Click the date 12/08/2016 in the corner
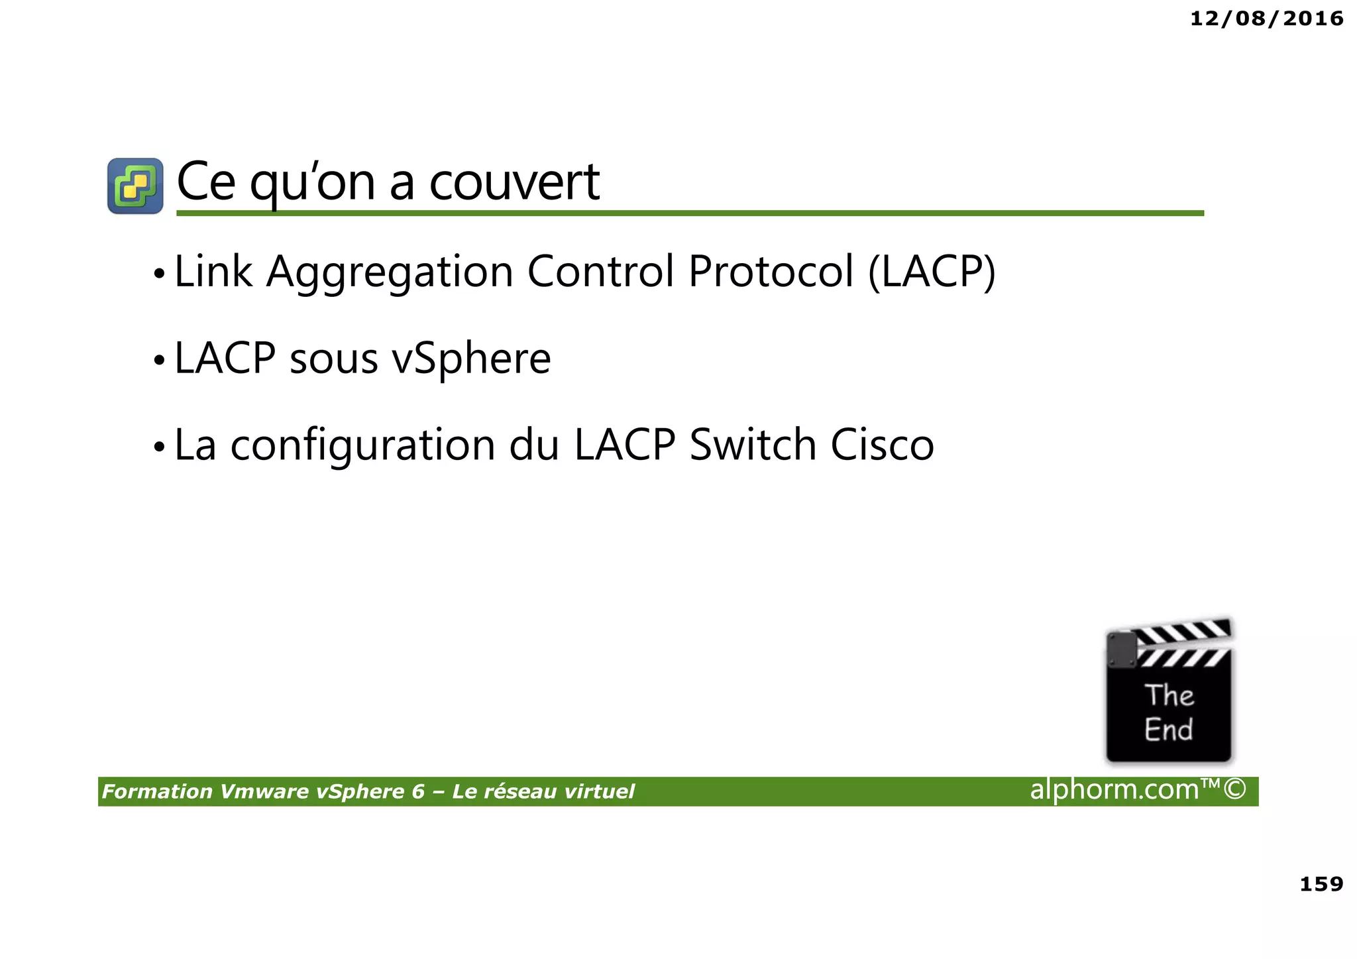[x=1266, y=19]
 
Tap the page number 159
[x=1321, y=883]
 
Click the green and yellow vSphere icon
[x=135, y=186]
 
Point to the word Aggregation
[x=390, y=272]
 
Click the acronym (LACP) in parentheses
[x=932, y=272]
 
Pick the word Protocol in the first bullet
[x=771, y=272]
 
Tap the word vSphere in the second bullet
[x=471, y=359]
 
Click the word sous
[x=333, y=359]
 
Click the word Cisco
[x=882, y=445]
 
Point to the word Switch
[x=752, y=445]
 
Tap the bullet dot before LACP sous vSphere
[x=158, y=361]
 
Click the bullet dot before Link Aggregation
[x=158, y=274]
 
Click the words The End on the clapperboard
[x=1169, y=712]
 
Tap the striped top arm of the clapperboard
[x=1183, y=633]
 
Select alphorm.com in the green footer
[x=1114, y=789]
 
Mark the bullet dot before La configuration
[x=158, y=447]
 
